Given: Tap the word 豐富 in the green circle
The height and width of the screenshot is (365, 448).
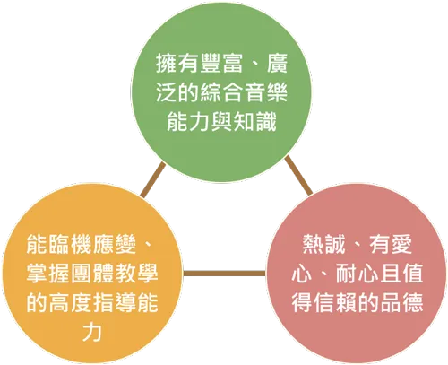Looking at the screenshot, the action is (x=221, y=64).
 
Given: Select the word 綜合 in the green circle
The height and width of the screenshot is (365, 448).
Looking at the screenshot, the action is (x=221, y=92).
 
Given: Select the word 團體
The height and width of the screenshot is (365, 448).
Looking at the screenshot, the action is (x=92, y=274).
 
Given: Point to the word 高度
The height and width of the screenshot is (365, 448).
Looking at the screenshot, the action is (x=70, y=303).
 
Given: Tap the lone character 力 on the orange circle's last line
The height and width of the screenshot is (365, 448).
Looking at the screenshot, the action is (x=92, y=332).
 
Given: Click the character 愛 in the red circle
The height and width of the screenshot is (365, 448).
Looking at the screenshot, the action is (x=401, y=244).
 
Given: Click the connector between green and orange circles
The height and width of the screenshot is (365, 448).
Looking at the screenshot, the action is (x=153, y=180).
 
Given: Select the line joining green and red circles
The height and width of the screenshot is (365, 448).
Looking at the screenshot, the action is (x=298, y=175).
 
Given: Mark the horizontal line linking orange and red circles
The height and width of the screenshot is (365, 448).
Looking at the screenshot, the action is (x=225, y=274).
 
